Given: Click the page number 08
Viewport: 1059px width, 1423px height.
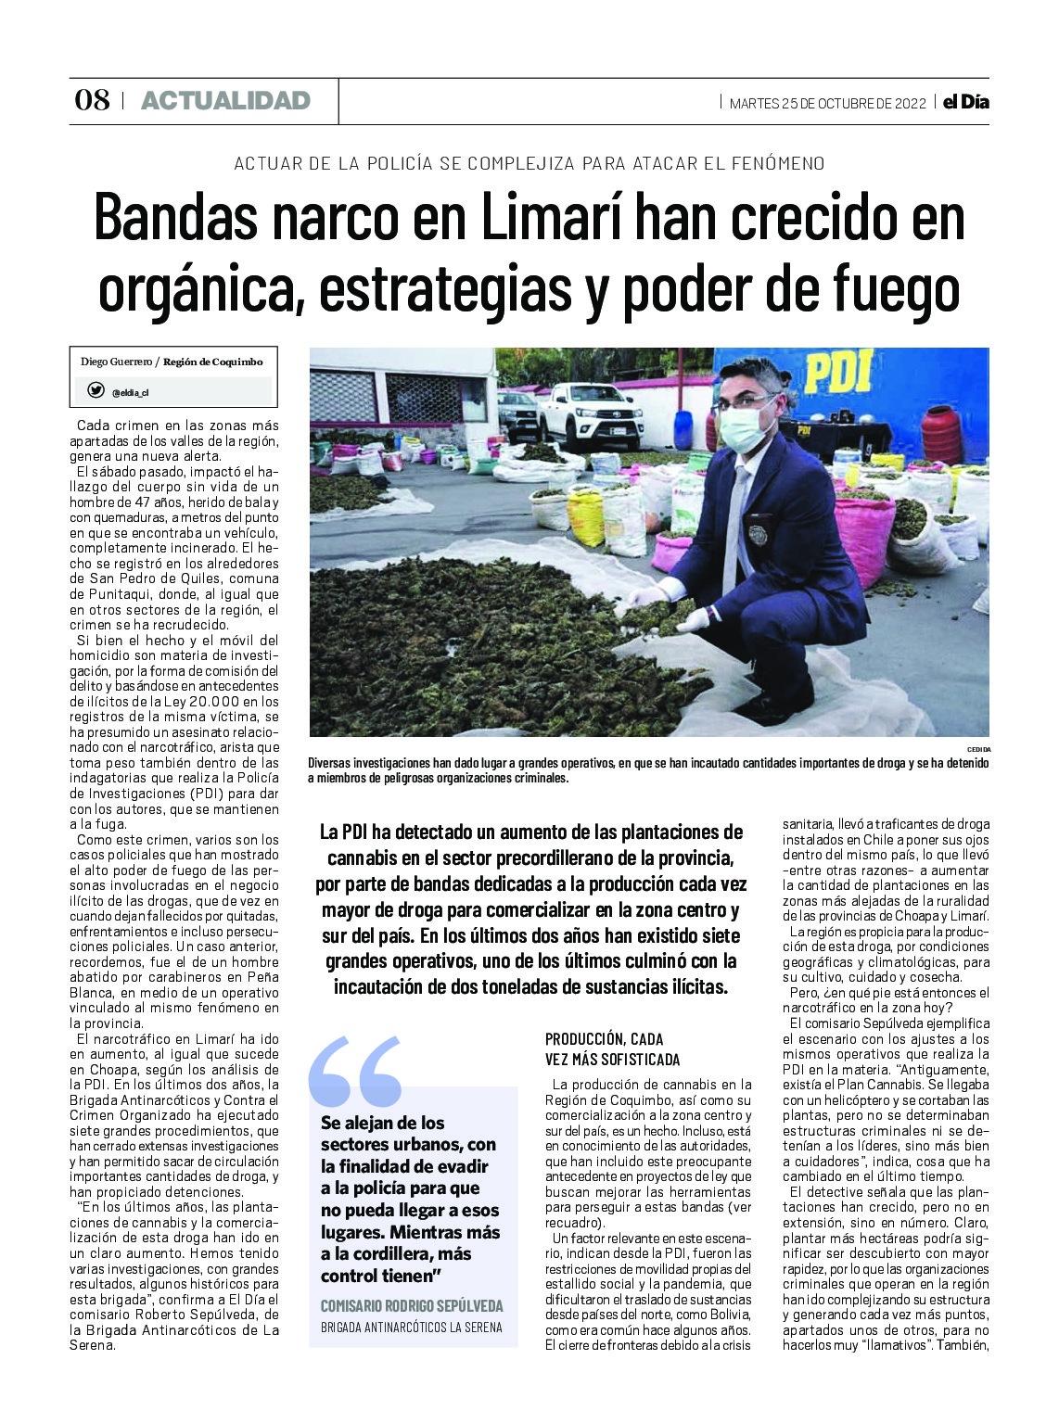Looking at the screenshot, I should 92,100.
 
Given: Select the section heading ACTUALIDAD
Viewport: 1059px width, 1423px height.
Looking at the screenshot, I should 225,100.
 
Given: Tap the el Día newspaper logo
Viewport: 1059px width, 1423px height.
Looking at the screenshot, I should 965,102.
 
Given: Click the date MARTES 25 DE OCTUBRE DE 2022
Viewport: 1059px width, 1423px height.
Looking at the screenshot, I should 827,103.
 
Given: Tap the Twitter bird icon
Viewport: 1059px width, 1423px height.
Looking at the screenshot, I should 96,391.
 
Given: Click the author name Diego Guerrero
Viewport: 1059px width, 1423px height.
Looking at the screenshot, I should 116,362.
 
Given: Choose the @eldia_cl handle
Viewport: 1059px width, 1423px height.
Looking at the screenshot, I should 130,392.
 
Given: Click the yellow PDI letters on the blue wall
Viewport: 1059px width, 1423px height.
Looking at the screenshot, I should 837,372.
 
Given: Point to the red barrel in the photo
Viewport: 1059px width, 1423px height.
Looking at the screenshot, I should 941,433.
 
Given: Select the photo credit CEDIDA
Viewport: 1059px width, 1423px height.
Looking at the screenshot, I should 978,749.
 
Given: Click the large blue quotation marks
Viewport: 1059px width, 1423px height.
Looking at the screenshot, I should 356,1072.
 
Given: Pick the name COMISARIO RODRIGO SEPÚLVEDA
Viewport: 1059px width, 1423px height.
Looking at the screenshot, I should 412,1305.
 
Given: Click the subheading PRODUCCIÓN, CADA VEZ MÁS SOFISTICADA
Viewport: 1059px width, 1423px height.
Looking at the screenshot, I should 612,1049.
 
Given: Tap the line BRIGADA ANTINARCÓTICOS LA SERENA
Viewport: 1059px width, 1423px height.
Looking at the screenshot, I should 412,1327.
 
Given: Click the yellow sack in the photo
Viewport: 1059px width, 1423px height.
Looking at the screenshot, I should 586,515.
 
